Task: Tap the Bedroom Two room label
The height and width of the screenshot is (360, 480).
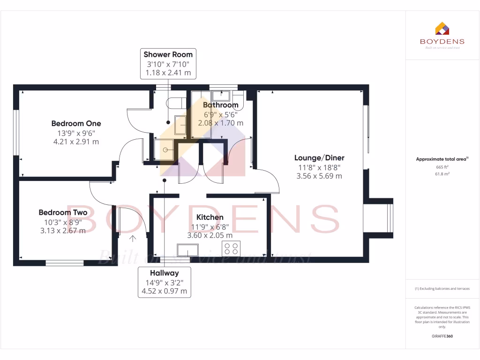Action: point(63,213)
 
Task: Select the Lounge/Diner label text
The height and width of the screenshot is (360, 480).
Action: point(319,158)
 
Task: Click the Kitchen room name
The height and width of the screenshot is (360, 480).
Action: point(210,217)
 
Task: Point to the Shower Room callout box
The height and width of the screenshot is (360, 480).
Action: point(168,63)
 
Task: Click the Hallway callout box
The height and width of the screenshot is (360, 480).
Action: point(164,282)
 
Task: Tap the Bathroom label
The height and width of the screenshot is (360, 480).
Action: point(220,105)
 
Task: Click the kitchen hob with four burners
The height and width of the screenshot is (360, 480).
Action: point(231,248)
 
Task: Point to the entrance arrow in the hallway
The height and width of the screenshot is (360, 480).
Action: point(133,239)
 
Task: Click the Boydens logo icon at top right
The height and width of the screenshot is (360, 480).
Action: point(442,29)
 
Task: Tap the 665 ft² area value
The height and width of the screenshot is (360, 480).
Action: point(442,167)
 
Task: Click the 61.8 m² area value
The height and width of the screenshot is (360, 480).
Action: point(442,173)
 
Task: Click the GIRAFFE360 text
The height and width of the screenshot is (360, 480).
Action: point(442,336)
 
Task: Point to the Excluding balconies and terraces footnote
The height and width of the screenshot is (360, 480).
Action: point(442,289)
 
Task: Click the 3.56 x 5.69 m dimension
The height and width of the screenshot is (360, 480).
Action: point(319,176)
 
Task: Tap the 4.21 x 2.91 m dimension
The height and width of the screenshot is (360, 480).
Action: point(76,142)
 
